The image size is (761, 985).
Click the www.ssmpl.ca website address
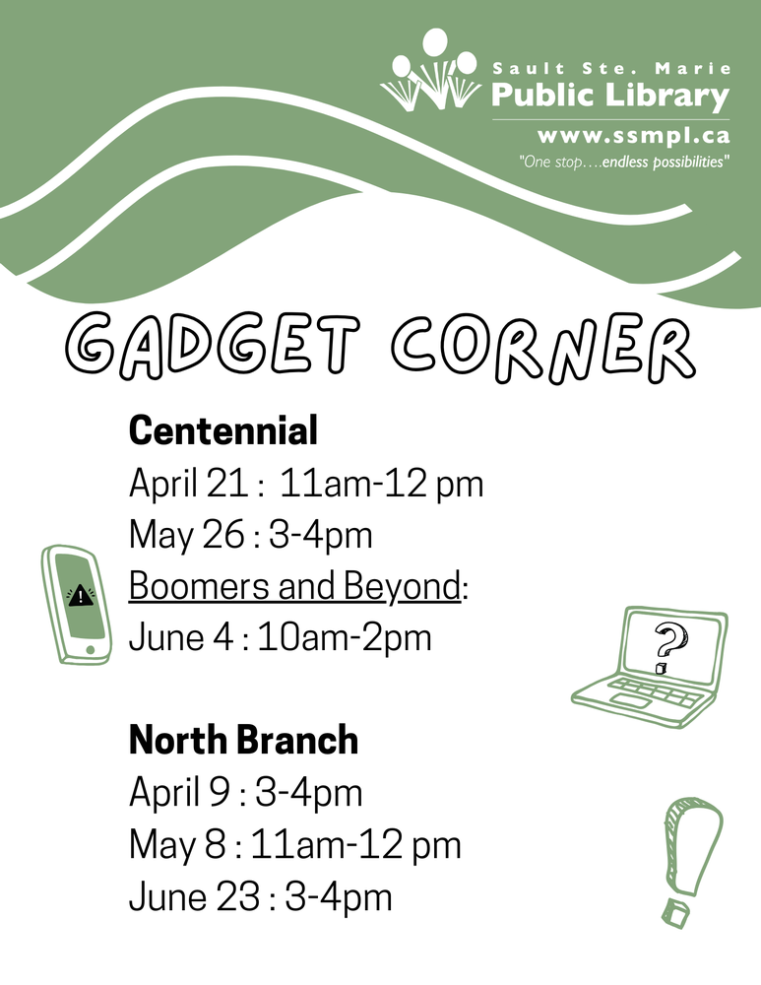pyautogui.click(x=633, y=136)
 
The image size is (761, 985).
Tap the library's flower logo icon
pyautogui.click(x=430, y=73)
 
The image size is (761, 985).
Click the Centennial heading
pyautogui.click(x=223, y=430)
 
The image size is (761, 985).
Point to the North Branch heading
pyautogui.click(x=243, y=741)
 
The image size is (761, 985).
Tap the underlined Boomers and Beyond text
pyautogui.click(x=294, y=586)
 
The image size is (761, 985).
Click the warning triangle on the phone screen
pyautogui.click(x=79, y=594)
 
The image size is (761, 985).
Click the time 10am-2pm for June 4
pyautogui.click(x=345, y=637)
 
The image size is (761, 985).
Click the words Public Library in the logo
pyautogui.click(x=610, y=96)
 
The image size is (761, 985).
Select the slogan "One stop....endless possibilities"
pyautogui.click(x=624, y=161)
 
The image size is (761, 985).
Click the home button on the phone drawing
pyautogui.click(x=92, y=649)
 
